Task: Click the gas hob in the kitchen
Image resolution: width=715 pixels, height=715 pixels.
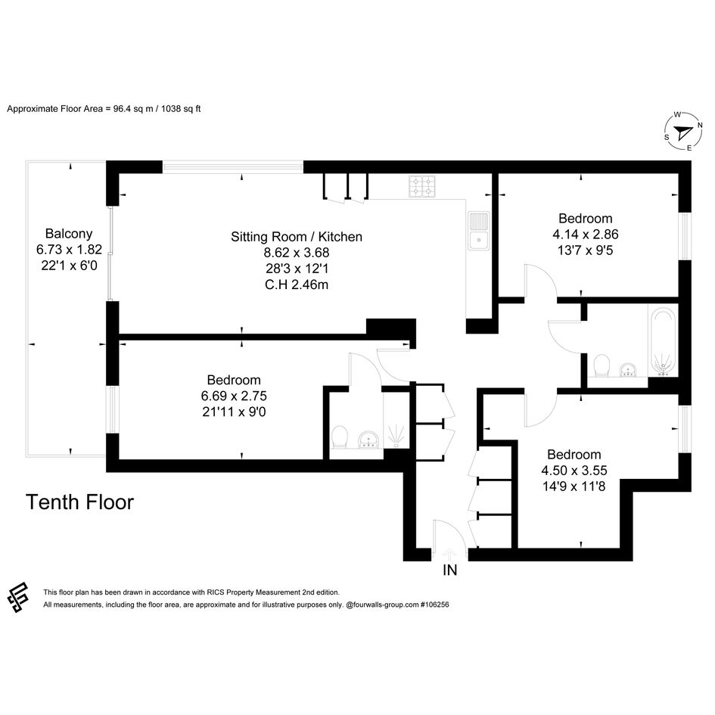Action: click(421, 186)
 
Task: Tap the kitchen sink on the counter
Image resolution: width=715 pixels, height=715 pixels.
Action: click(478, 231)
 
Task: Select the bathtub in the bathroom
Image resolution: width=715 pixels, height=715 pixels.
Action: click(663, 342)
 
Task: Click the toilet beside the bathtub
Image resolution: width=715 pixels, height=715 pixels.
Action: click(602, 365)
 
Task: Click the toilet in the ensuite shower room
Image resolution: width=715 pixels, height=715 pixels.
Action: click(339, 437)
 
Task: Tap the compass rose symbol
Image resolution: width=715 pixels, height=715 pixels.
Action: click(682, 132)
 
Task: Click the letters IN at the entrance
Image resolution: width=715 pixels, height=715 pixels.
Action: click(449, 570)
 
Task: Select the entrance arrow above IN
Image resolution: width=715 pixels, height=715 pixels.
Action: click(449, 554)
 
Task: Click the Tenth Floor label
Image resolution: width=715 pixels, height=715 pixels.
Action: click(79, 502)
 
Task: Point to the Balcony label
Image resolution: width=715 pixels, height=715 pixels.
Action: click(69, 234)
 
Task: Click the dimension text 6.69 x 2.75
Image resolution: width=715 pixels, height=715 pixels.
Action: click(234, 396)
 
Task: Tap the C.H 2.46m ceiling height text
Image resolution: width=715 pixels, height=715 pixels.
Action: click(297, 284)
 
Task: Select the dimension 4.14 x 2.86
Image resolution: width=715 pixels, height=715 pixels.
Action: click(586, 235)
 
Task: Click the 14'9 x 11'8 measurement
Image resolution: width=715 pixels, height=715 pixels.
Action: click(574, 486)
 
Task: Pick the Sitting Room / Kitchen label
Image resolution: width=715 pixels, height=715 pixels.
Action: click(297, 237)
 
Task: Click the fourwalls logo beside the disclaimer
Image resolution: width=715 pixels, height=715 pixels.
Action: click(18, 597)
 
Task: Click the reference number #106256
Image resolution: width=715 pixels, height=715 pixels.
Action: click(434, 605)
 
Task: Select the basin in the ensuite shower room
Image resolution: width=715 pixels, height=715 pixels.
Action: click(369, 440)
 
